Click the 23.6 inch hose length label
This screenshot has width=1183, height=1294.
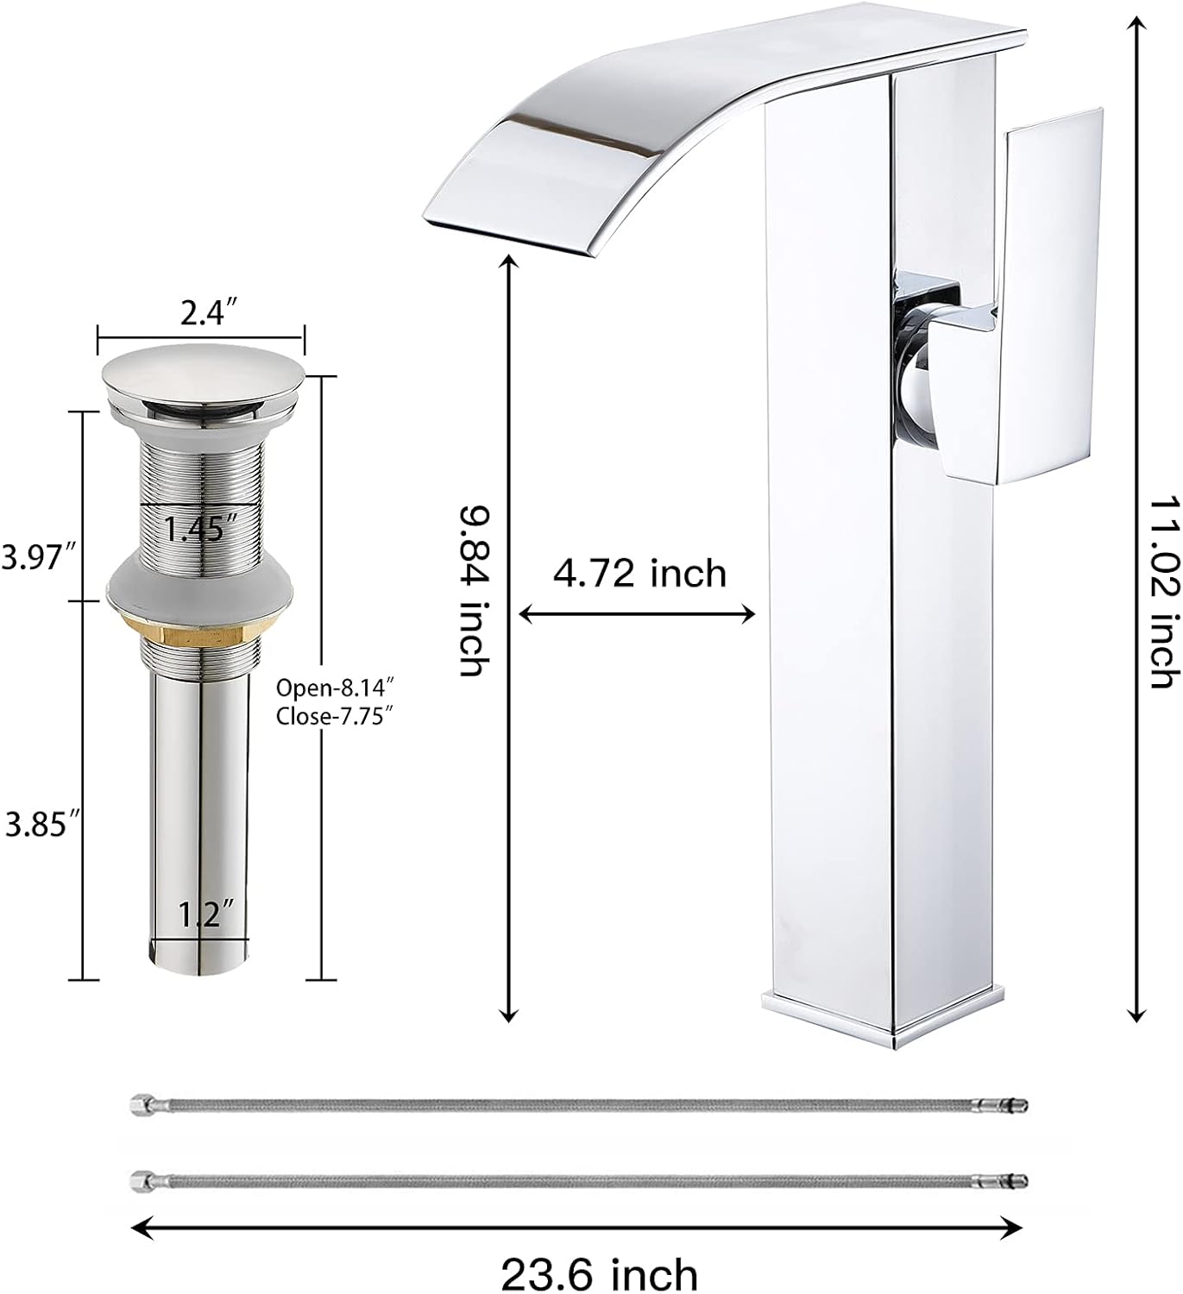599,1273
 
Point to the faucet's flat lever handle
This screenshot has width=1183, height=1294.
1054,293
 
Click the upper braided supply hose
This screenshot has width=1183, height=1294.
578,1105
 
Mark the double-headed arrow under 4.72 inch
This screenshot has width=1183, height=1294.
637,614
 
